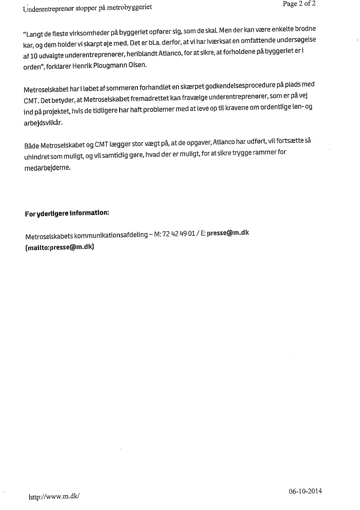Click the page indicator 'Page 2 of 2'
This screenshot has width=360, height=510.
point(299,4)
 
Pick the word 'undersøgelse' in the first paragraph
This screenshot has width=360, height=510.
point(294,39)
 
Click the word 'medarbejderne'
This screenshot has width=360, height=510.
point(47,168)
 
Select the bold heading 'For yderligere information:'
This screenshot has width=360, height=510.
point(67,214)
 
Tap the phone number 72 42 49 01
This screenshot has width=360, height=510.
point(179,234)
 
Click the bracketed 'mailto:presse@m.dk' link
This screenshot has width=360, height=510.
point(60,246)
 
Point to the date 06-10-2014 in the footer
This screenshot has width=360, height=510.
point(305,491)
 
